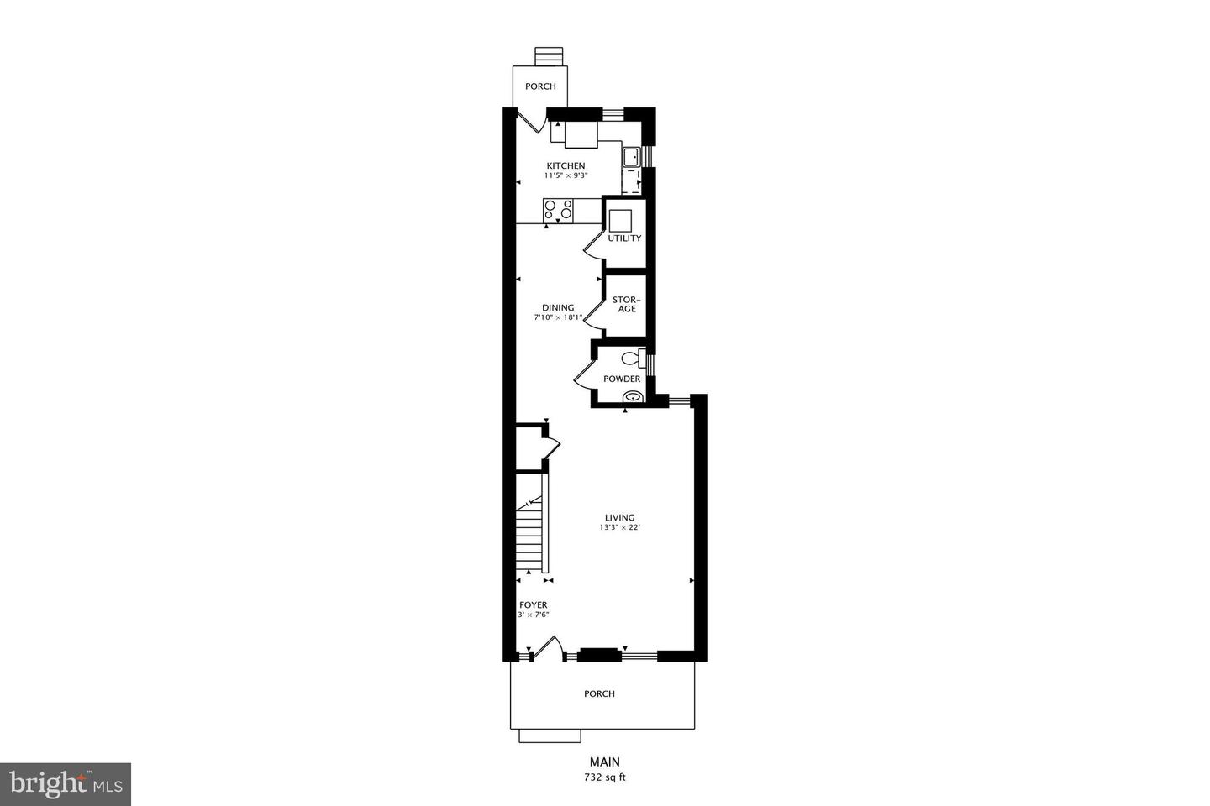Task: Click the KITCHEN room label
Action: tap(566, 165)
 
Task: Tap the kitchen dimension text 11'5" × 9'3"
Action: tap(566, 176)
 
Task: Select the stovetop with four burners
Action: tap(558, 209)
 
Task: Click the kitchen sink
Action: tap(630, 156)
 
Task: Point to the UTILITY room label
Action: tap(624, 238)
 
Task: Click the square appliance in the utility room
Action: tap(620, 220)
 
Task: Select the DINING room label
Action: tap(558, 307)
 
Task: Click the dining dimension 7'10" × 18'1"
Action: tap(558, 318)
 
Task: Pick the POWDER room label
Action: tap(622, 379)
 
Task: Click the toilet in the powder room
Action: tap(631, 359)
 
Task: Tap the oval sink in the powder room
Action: tap(633, 396)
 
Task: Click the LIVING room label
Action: tap(620, 517)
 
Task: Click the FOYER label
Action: tap(533, 604)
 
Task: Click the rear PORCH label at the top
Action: tap(540, 86)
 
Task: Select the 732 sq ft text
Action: tap(605, 777)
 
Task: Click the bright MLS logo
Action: tap(65, 784)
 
